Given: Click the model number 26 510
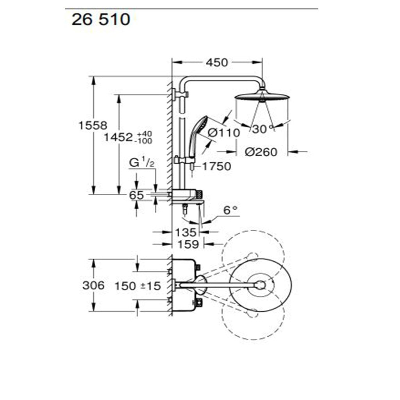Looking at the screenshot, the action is point(101,20).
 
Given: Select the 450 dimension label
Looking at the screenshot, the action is point(217,63).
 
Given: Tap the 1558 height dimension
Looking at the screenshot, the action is point(93,125).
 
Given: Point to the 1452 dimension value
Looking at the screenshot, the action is point(118,137).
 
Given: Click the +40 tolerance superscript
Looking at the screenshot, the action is point(145,134).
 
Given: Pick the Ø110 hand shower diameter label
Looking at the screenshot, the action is point(224,133).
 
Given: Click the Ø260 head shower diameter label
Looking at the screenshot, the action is point(261,152).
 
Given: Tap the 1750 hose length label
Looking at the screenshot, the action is point(216,166).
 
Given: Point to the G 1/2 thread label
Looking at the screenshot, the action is point(142,162).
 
